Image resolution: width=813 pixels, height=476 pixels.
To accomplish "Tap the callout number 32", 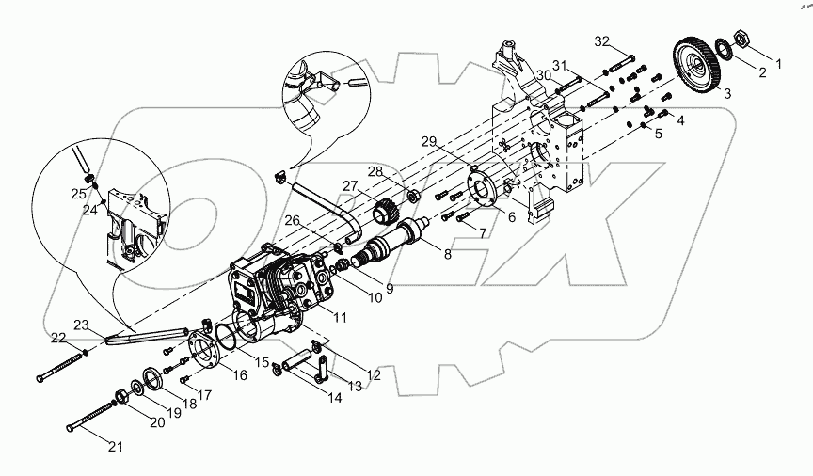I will click(602, 41).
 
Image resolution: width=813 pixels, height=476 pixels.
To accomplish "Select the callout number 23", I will click(82, 325).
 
